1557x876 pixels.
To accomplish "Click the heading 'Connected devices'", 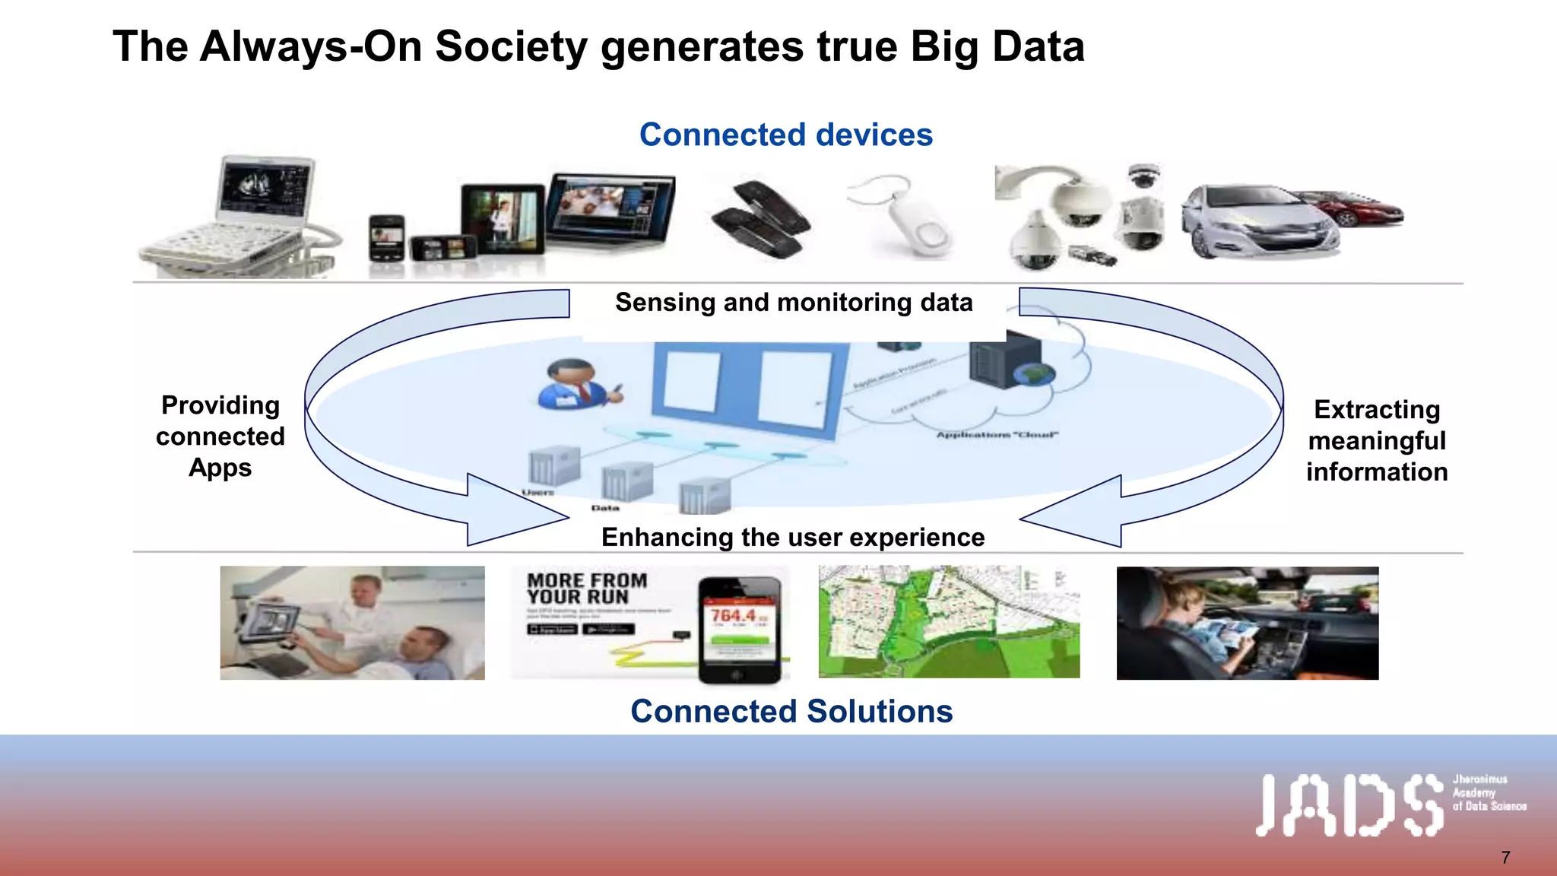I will click(x=785, y=135).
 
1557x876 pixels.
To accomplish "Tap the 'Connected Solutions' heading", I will click(x=791, y=711).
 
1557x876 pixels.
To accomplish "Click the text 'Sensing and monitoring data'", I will click(x=794, y=303).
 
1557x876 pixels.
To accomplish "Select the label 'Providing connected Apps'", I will click(x=220, y=436).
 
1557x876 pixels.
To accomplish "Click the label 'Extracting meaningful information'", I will click(x=1377, y=441).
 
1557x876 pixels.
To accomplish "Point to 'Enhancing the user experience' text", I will click(x=793, y=537).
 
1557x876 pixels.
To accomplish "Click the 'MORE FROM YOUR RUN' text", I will click(x=587, y=589).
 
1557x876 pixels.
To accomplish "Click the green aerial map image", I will click(x=949, y=622).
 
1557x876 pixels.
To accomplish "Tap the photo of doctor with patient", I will click(x=352, y=622).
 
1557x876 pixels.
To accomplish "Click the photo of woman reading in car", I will click(x=1247, y=623).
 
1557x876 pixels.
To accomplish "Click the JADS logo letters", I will click(x=1349, y=805).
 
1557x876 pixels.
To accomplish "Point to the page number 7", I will click(x=1505, y=858).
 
